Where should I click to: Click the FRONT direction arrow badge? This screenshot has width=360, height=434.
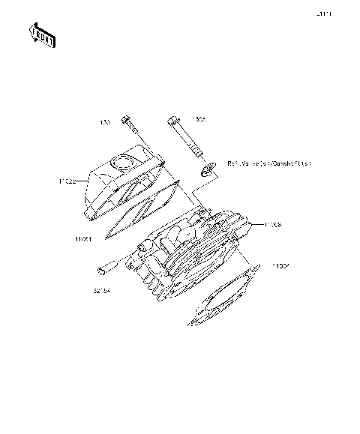coord(42,35)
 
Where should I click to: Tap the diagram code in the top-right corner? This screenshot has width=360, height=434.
coord(324,13)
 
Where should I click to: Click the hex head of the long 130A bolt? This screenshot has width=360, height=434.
coord(175,120)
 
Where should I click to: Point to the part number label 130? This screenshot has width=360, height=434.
coord(105,121)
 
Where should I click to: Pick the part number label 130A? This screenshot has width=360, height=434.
coord(199,118)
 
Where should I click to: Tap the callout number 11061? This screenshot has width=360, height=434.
coord(83,240)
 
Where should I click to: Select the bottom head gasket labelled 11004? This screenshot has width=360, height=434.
coord(225,300)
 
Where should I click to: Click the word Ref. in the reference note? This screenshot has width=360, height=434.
coord(233,163)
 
